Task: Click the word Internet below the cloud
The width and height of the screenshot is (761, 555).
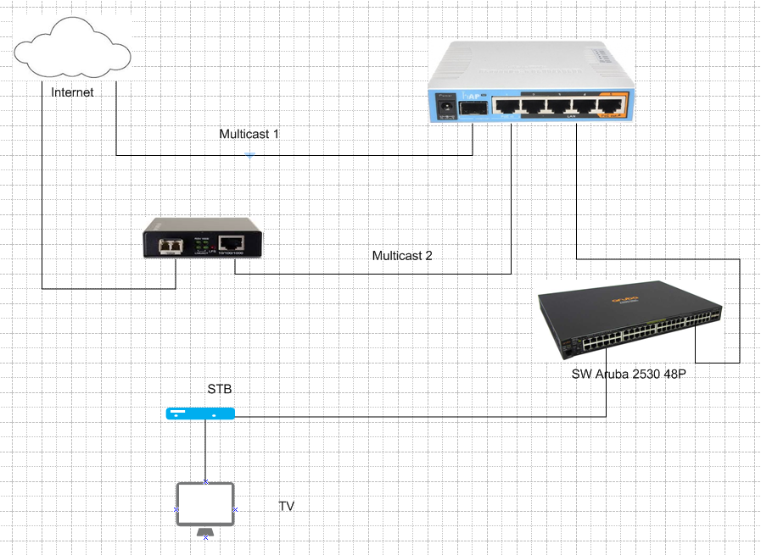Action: coord(73,92)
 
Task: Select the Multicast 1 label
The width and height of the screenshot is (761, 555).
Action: coord(249,135)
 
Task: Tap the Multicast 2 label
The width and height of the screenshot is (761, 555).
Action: coord(402,255)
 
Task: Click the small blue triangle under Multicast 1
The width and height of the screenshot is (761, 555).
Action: coord(249,155)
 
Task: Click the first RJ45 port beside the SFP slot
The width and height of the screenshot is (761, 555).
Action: coord(506,106)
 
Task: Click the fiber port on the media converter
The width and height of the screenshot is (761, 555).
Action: coord(175,245)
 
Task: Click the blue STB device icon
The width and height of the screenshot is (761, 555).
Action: coord(201,414)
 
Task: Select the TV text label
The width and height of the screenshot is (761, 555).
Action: coord(287,507)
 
